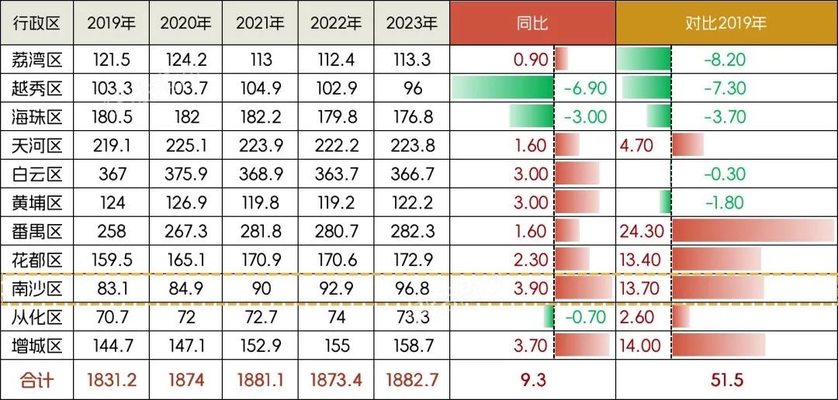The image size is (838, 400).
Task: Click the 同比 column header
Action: (x=532, y=22)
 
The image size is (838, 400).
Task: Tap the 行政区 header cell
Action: (x=37, y=23)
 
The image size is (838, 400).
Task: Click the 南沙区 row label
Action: (x=37, y=288)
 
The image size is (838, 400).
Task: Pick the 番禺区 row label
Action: (x=37, y=231)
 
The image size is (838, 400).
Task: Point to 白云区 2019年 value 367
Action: (x=112, y=174)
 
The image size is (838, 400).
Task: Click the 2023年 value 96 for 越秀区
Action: (x=412, y=88)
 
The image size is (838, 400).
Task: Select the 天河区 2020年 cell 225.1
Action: (x=187, y=145)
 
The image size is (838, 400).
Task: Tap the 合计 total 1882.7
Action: (x=412, y=380)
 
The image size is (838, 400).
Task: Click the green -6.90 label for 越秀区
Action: (x=585, y=88)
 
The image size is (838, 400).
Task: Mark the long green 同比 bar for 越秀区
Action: (x=502, y=88)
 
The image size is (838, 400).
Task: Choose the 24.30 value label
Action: (x=642, y=231)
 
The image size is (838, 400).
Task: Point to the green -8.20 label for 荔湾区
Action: (x=725, y=59)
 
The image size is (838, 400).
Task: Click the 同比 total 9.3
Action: (x=532, y=380)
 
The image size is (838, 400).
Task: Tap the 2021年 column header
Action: (x=261, y=23)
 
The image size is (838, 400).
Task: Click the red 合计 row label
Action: (x=37, y=380)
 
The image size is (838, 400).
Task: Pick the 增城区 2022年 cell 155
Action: (x=337, y=346)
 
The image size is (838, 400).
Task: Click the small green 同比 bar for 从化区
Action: (x=549, y=317)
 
